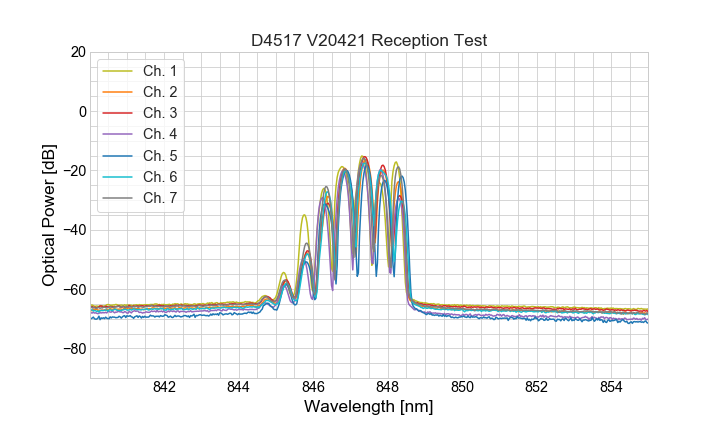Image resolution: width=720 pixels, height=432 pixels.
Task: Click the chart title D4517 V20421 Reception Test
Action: pyautogui.click(x=369, y=40)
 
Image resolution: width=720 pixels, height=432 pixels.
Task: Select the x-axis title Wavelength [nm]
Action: pyautogui.click(x=369, y=408)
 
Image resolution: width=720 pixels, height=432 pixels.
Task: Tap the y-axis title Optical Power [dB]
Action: pyautogui.click(x=49, y=215)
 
